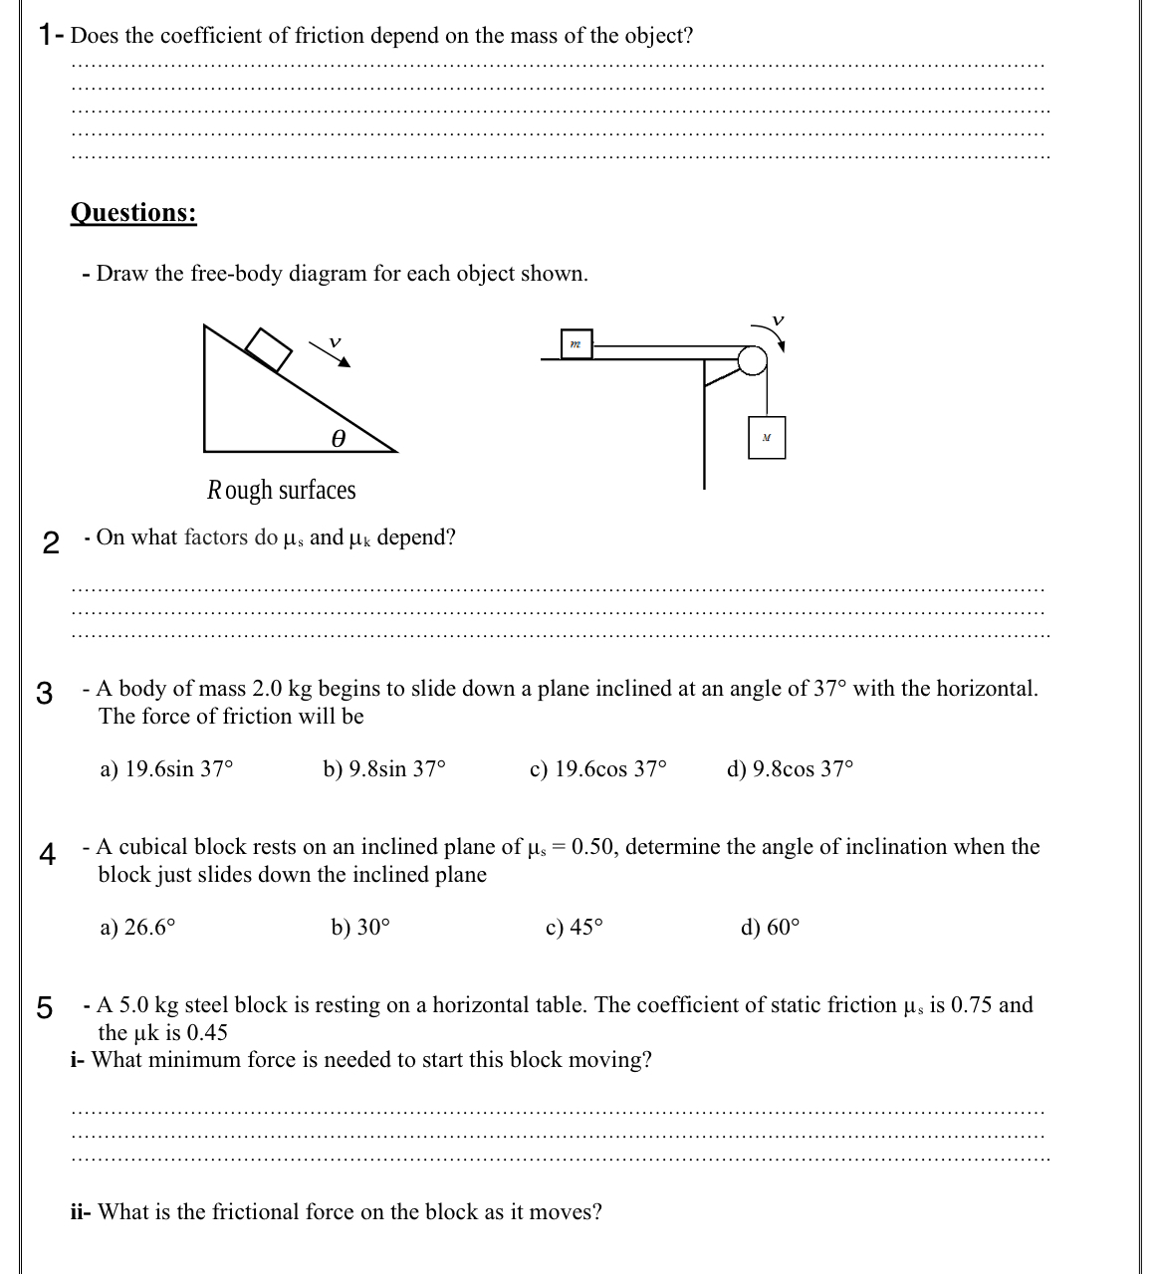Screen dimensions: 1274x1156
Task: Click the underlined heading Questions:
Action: point(133,213)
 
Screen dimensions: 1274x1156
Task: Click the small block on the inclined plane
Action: point(268,347)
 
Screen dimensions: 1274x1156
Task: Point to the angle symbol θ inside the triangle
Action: point(339,437)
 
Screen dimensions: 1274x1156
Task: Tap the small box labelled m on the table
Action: point(576,344)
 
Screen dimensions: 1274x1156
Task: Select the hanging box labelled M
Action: point(766,437)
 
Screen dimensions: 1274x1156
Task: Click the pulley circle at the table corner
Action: point(753,359)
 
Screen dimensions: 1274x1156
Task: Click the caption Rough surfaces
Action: point(281,490)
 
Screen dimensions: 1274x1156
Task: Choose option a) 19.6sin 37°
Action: point(167,769)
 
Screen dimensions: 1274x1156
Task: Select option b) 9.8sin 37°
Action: point(384,769)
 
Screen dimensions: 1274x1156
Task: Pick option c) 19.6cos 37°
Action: point(598,769)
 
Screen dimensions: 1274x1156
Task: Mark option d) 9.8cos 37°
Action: point(791,769)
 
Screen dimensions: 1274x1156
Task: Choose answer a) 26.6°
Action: point(138,928)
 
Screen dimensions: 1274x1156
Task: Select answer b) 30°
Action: point(360,928)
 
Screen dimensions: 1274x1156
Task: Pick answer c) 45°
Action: point(575,928)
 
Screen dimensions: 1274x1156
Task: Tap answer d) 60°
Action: point(770,928)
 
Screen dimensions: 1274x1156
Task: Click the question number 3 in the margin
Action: point(44,693)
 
